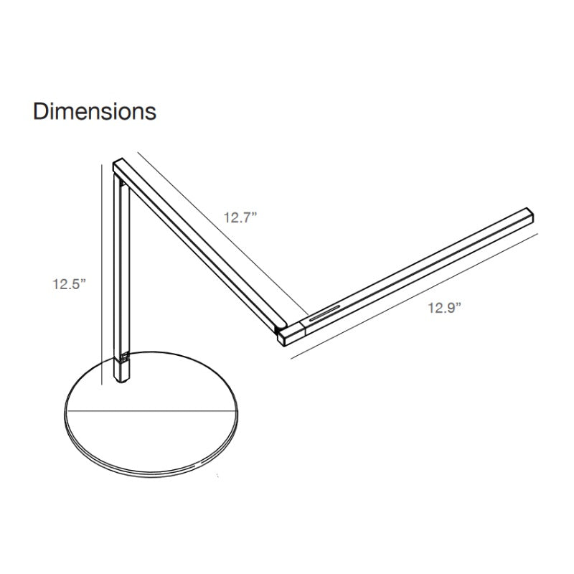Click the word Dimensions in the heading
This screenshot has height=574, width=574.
(x=95, y=111)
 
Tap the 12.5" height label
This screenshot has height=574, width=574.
(x=69, y=284)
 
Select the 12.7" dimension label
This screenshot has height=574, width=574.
(x=240, y=218)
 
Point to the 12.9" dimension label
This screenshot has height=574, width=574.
(x=444, y=308)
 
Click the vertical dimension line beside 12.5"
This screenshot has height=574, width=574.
(x=101, y=275)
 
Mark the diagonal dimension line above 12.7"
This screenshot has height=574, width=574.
(x=223, y=234)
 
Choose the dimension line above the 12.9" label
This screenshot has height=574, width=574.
(x=415, y=296)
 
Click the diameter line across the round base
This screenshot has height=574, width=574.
(x=152, y=410)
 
